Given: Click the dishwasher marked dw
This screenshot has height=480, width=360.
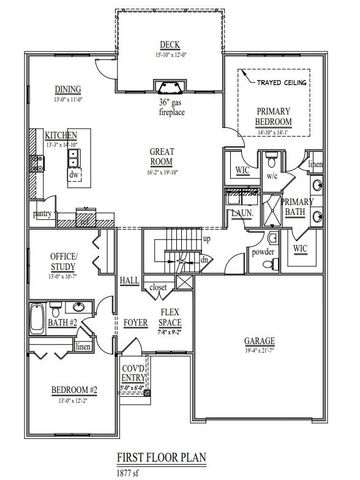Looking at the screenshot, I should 74,175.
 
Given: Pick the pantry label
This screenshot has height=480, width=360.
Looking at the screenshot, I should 42,213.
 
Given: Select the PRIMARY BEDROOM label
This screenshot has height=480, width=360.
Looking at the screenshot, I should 273,116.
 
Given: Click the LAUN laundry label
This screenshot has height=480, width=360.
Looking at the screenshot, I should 241,212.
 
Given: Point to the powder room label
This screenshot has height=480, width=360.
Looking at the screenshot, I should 263,251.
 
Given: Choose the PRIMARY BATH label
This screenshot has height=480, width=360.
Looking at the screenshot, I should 298,207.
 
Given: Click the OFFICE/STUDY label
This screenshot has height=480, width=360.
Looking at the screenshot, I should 63,261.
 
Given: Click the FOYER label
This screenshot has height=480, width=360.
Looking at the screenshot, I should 135,323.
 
